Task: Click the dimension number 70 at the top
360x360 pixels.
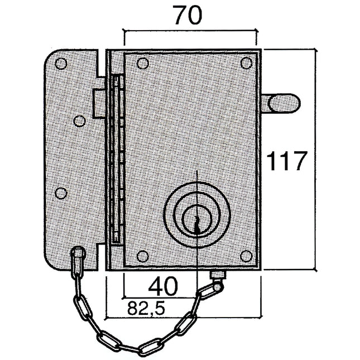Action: coord(187,17)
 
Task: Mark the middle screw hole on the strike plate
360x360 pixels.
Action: coord(80,121)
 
